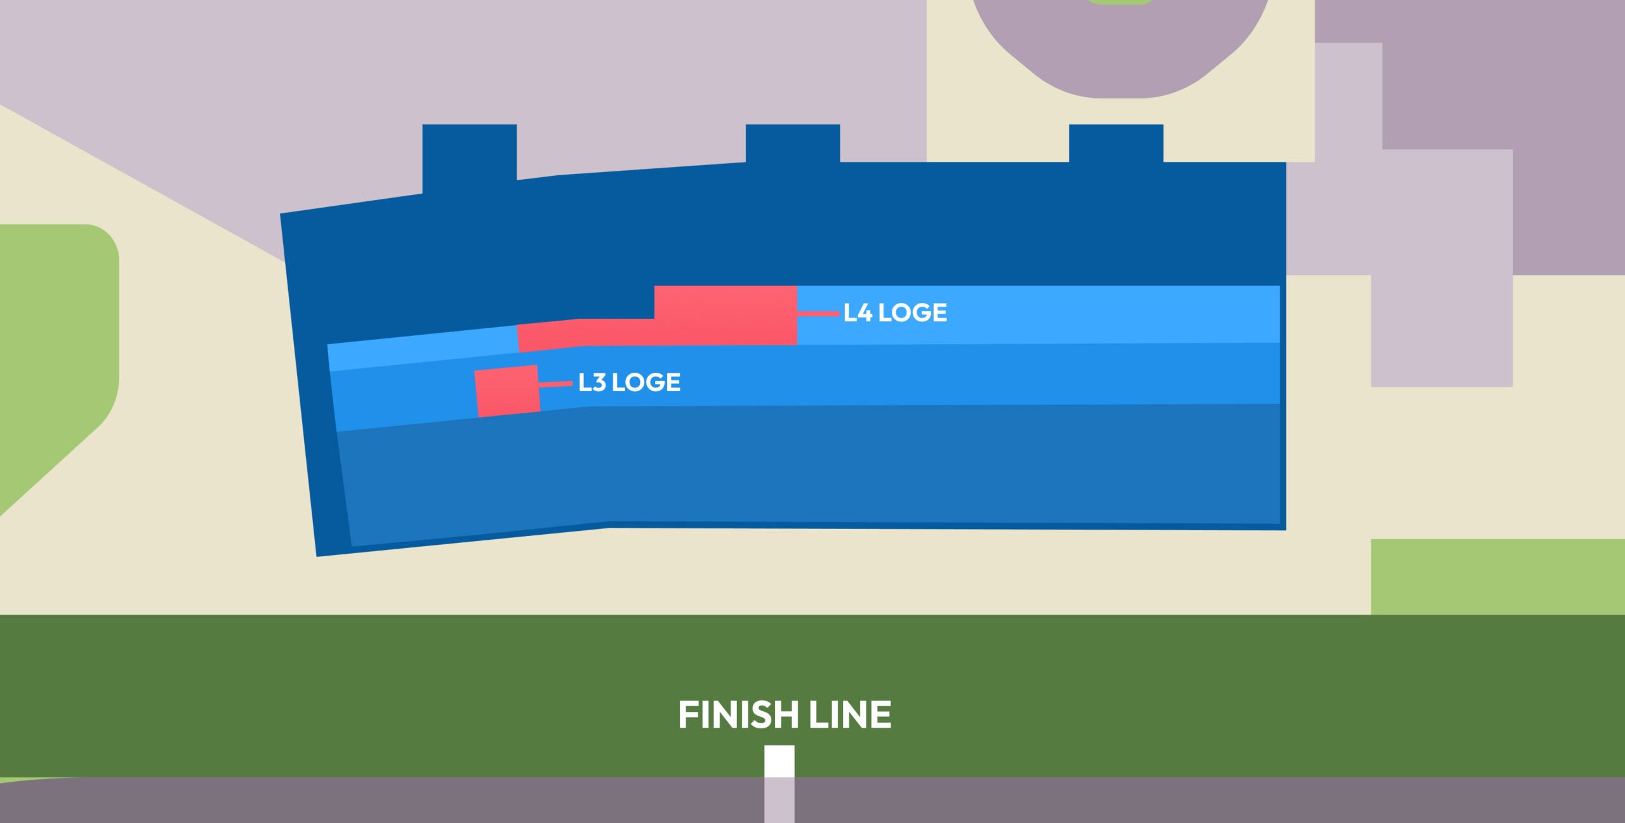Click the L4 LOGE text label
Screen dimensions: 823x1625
[895, 313]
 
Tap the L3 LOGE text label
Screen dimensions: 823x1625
[629, 382]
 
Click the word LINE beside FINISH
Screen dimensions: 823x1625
[850, 715]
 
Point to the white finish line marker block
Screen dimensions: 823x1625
[779, 761]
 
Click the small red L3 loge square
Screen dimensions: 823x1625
[507, 391]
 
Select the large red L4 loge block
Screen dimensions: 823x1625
[726, 315]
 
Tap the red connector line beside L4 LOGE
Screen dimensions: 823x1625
[818, 313]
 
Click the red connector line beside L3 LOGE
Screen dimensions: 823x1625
[555, 384]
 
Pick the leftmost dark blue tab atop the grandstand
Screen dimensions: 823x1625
[469, 156]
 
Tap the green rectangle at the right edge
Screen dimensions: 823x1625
[1497, 577]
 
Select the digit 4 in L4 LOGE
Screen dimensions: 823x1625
[863, 313]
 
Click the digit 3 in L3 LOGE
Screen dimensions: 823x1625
[597, 382]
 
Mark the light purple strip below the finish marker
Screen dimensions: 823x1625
[779, 800]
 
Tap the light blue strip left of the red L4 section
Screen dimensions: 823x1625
[422, 347]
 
